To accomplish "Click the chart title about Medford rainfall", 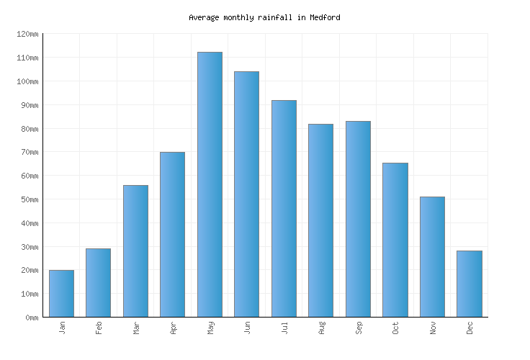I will [x=264, y=17].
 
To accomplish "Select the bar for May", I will [x=210, y=184].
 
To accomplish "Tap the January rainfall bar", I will [x=61, y=294].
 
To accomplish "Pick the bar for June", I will [x=246, y=194].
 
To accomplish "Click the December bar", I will [x=469, y=284].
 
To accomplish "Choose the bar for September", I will [x=358, y=219].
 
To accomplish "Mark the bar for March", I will [x=135, y=251].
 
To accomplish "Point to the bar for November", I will [x=432, y=256].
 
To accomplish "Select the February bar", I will [x=98, y=283].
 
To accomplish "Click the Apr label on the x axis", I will [x=173, y=328].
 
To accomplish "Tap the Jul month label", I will [x=284, y=328].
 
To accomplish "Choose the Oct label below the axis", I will [x=395, y=328].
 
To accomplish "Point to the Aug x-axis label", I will [x=321, y=328].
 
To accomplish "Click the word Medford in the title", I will [x=325, y=17].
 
